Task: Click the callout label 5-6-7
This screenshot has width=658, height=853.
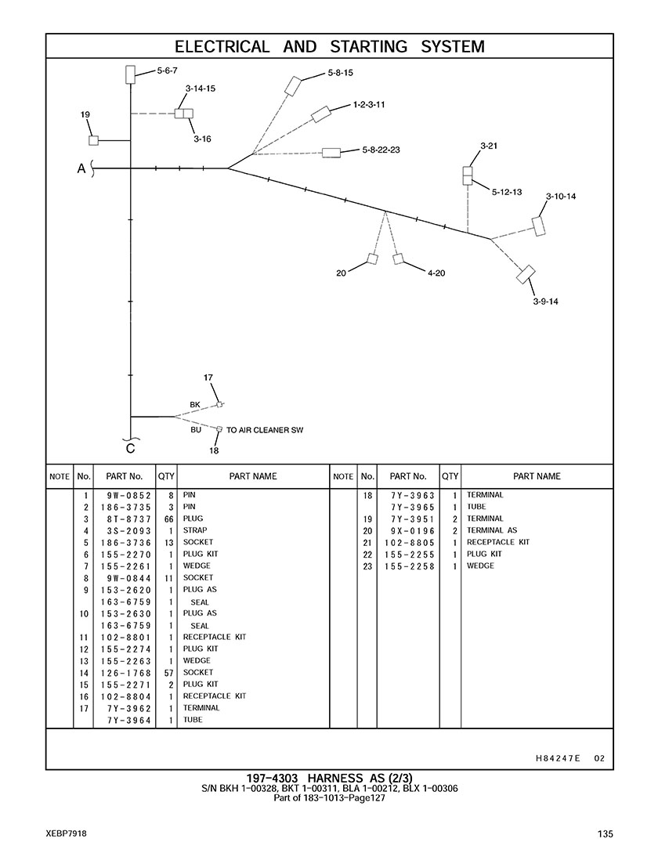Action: (167, 70)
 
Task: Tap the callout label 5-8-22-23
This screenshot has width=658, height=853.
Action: (381, 149)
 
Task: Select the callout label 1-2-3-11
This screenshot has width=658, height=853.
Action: (368, 103)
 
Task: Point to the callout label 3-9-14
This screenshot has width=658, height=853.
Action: (545, 301)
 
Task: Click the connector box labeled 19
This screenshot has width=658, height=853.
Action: (93, 140)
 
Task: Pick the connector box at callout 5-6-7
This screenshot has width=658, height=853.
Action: (130, 74)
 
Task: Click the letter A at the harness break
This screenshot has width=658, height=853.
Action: (81, 168)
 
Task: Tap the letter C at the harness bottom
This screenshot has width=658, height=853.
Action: (130, 449)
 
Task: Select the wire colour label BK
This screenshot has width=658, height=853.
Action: (195, 404)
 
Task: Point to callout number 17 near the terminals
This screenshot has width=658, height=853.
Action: (208, 378)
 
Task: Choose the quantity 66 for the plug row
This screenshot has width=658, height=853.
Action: (168, 519)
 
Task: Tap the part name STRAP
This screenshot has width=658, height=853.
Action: (195, 530)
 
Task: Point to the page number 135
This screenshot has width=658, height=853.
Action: (604, 833)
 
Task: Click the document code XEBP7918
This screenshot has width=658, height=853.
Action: (65, 833)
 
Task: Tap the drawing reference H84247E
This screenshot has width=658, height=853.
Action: (557, 757)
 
